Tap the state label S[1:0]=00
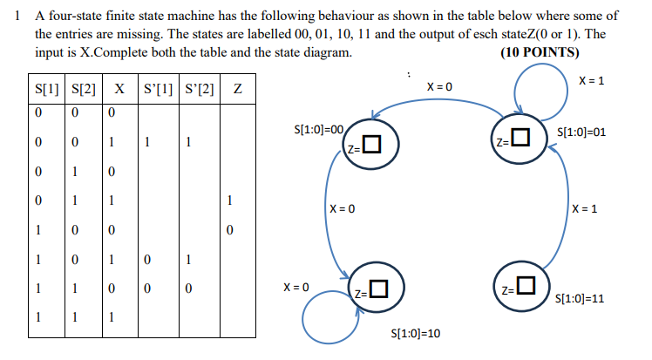[322, 130]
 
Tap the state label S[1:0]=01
[580, 132]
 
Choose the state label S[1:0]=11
[580, 298]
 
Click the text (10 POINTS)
[540, 51]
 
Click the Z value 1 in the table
[228, 201]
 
